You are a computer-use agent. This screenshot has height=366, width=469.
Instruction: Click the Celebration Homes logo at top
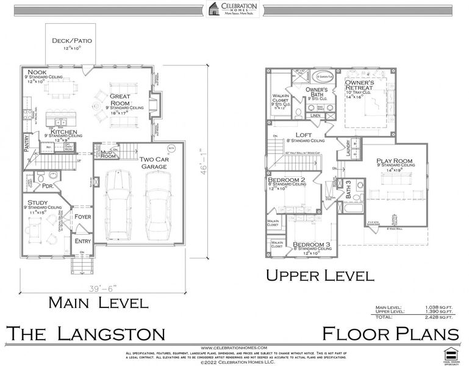(x=234, y=10)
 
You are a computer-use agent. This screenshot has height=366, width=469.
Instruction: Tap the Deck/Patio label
(x=71, y=41)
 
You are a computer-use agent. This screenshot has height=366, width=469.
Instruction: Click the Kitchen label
(x=63, y=131)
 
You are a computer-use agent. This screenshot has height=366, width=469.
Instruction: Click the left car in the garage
(x=118, y=206)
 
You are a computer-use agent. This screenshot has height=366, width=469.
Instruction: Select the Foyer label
(x=82, y=217)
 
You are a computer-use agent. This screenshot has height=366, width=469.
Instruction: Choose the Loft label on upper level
(x=304, y=135)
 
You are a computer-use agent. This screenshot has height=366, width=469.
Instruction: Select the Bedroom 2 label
(x=287, y=180)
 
